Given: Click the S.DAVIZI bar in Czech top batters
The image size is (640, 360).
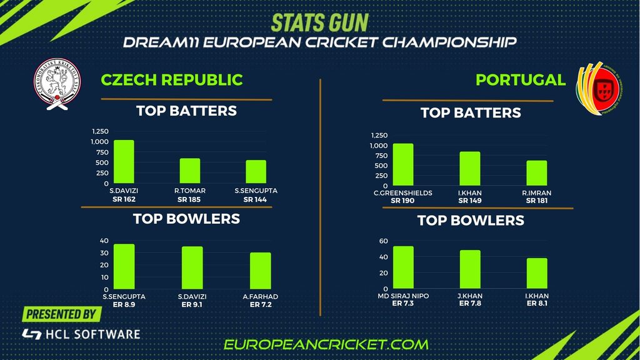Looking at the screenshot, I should (124, 162).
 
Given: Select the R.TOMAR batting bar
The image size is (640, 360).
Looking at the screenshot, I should (190, 171).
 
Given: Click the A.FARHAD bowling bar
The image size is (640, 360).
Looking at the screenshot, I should (260, 271).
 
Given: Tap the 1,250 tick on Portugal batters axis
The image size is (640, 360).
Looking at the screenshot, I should (379, 135).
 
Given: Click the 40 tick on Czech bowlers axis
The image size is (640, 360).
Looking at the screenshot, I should (104, 241).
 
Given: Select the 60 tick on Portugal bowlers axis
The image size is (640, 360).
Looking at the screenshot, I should (384, 241).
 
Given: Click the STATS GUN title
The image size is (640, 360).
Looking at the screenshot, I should (319, 22).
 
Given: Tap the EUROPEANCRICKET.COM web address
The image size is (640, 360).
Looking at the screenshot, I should (326, 344).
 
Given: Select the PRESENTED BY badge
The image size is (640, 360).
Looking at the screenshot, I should (61, 314).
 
